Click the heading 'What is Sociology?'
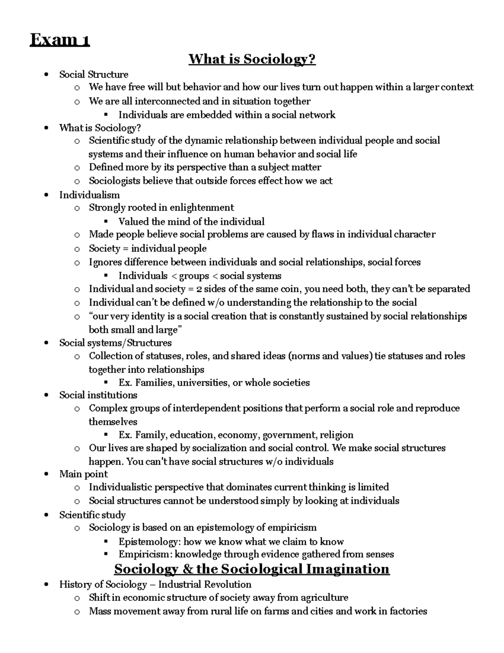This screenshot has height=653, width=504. (x=252, y=59)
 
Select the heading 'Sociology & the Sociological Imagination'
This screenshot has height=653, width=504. (x=252, y=569)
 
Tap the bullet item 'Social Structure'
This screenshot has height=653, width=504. (x=94, y=74)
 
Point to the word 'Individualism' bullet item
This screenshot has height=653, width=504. (x=89, y=195)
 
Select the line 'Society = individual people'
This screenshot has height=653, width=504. (x=147, y=248)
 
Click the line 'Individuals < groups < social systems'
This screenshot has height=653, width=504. (x=200, y=276)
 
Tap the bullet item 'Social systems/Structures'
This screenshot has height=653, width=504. (x=115, y=343)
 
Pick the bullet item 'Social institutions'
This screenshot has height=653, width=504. (x=98, y=395)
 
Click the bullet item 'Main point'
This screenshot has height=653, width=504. (x=83, y=474)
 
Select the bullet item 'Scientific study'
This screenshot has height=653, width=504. (x=92, y=515)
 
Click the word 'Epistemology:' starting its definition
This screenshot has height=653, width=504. (x=150, y=541)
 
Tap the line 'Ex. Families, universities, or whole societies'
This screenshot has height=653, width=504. (x=214, y=382)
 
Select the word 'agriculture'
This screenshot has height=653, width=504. (x=323, y=597)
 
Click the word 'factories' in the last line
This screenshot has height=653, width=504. (x=407, y=611)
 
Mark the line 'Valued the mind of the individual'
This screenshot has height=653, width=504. (x=192, y=221)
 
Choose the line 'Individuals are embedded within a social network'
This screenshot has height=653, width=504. (x=227, y=115)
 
